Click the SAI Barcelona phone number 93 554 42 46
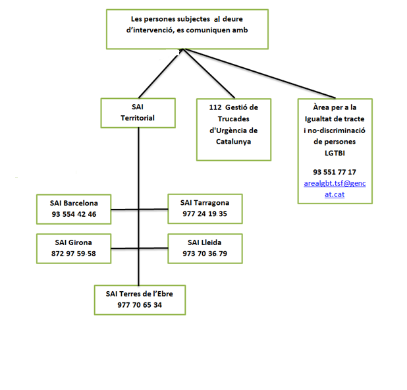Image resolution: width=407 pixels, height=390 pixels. point(74,214)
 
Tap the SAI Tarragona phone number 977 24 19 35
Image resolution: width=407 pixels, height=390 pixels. point(205,213)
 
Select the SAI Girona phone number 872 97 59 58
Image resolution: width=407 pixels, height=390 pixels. point(74,254)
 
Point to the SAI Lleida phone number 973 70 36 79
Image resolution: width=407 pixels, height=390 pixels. point(205,254)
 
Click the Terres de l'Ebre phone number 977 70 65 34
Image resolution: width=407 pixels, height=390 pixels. point(140,305)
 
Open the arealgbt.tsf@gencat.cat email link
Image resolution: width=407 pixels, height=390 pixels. point(335,189)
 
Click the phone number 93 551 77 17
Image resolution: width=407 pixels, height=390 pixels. point(335,172)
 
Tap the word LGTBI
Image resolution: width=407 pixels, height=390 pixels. point(335,153)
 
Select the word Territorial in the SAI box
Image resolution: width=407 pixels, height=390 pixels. point(138,118)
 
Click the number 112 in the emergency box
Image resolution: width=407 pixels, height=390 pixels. point(215,107)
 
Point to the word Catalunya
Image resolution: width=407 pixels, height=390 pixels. point(234,142)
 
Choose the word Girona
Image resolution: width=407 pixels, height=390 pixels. point(80,242)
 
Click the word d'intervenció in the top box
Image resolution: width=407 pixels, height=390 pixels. point(150,30)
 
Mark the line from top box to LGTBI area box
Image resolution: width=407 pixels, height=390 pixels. point(259,74)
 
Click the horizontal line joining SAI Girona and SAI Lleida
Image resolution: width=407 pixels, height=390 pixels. point(140,248)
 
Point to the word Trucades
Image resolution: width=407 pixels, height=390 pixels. point(234,119)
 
